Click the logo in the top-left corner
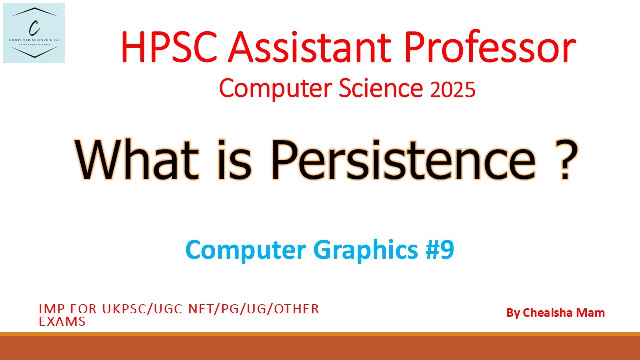pos(34,33)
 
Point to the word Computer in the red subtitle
pos(269,89)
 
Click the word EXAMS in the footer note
pos(62,322)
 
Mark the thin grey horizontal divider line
pos(322,228)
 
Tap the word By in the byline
pos(513,313)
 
